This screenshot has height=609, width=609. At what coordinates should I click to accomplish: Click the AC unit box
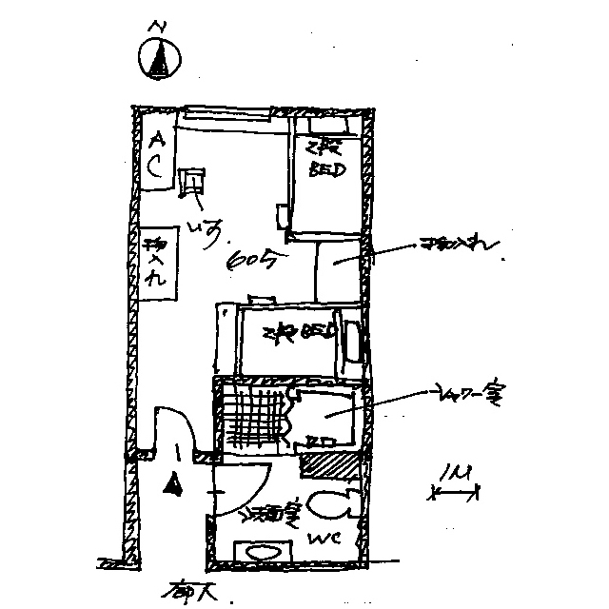click(155, 156)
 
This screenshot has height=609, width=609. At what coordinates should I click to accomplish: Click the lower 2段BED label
click(298, 334)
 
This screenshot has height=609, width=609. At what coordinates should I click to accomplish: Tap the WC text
click(318, 540)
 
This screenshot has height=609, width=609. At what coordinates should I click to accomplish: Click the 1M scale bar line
click(455, 493)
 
